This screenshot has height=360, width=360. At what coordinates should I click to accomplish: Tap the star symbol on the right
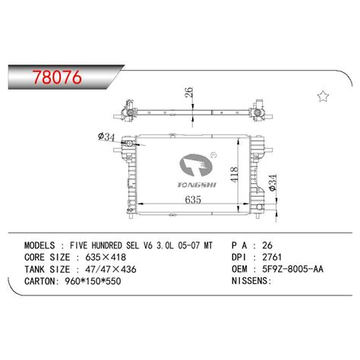pos(324,95)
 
